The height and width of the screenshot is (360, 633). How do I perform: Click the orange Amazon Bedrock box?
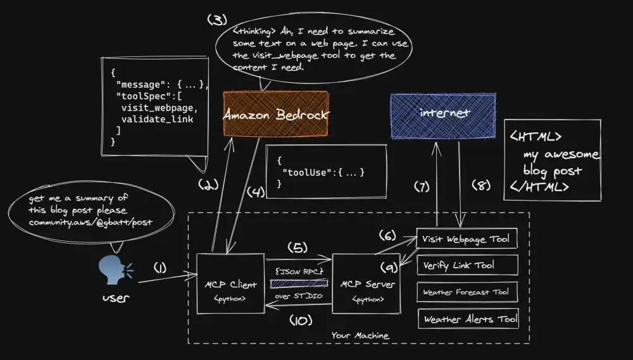point(275,115)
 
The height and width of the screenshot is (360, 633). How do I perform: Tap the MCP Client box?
point(230,283)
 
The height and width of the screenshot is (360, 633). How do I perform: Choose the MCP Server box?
point(366,283)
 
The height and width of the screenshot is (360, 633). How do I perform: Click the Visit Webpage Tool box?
point(467,239)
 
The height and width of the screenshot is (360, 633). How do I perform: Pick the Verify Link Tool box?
point(467,265)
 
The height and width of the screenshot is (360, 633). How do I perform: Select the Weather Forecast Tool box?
point(467,292)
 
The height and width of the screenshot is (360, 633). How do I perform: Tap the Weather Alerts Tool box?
point(467,319)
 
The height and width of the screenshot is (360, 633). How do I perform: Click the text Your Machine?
point(360,335)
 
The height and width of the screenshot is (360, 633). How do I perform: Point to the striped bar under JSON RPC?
point(298,283)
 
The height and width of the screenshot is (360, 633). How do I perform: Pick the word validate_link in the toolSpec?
point(157,119)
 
